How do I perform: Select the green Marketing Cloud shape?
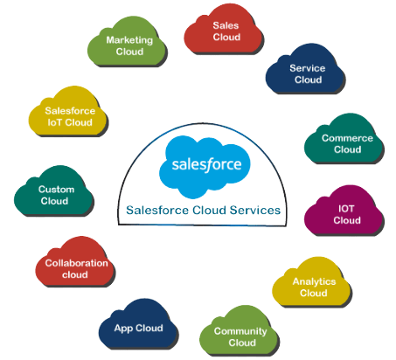point(127,42)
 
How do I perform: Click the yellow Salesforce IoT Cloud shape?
point(68,111)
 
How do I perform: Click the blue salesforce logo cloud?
point(205,167)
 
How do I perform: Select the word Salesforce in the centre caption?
point(157,210)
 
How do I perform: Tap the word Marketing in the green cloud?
point(129,40)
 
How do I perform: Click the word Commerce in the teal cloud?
point(347,138)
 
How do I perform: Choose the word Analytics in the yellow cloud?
point(314,281)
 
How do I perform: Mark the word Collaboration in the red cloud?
point(76,263)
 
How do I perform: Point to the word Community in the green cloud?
point(240,331)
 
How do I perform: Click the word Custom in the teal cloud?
point(56,190)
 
